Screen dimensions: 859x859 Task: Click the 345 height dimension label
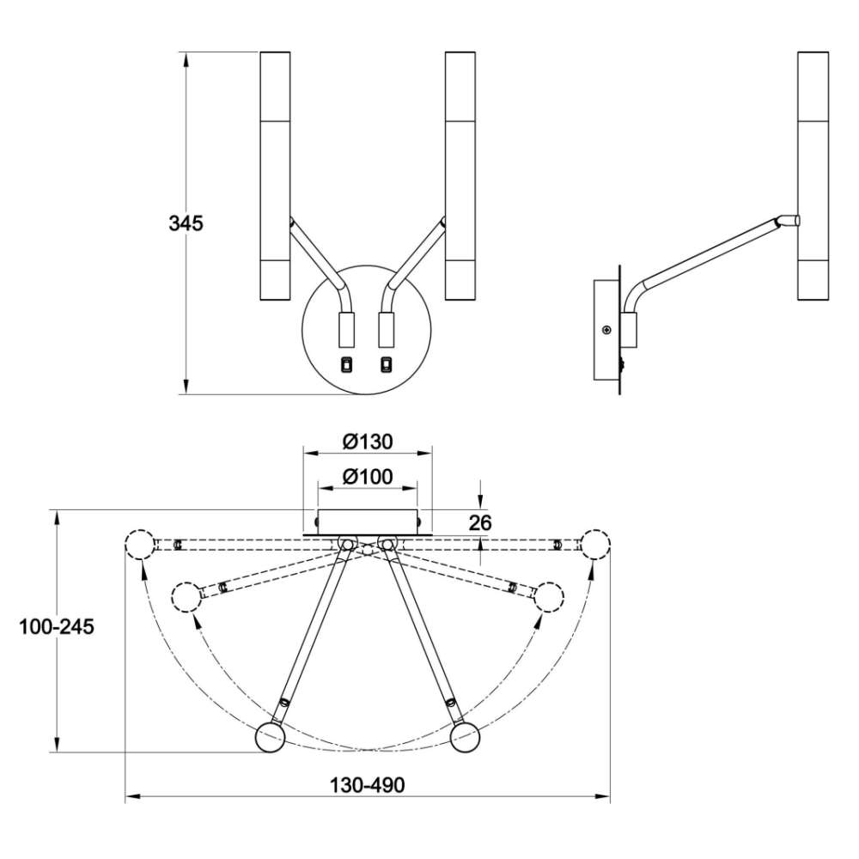(186, 223)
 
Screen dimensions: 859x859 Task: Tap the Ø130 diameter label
(368, 442)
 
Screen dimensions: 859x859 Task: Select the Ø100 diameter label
(368, 477)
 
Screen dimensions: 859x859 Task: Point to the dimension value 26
(480, 522)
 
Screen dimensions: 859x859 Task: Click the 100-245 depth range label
(57, 626)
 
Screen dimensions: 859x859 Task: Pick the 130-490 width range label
(367, 785)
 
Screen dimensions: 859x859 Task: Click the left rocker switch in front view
(347, 364)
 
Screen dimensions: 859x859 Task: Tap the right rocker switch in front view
(387, 364)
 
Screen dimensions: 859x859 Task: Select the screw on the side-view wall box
(606, 330)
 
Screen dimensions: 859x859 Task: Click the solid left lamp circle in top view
(271, 737)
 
